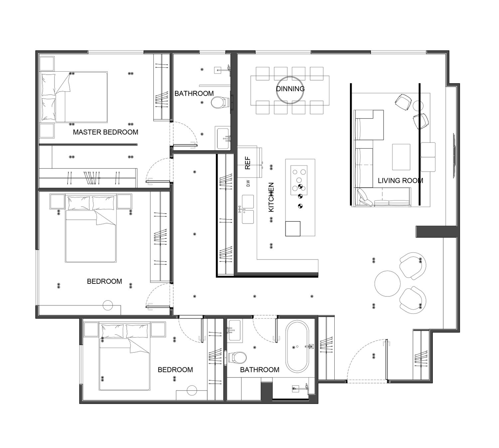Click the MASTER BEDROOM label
pos(105,132)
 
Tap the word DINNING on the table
pos(290,89)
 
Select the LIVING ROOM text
pos(401,181)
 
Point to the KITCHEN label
pos(271,197)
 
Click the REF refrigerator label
pos(248,163)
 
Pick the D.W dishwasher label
pos(248,183)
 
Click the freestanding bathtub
pos(297,346)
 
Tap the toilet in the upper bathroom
pos(218,102)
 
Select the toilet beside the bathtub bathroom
pos(237,357)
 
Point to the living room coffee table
pos(401,157)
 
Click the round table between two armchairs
pos(388,283)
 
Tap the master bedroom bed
pos(74,97)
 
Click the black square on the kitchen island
pos(293,229)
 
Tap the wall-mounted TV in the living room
pos(454,156)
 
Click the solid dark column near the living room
pos(436,231)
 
